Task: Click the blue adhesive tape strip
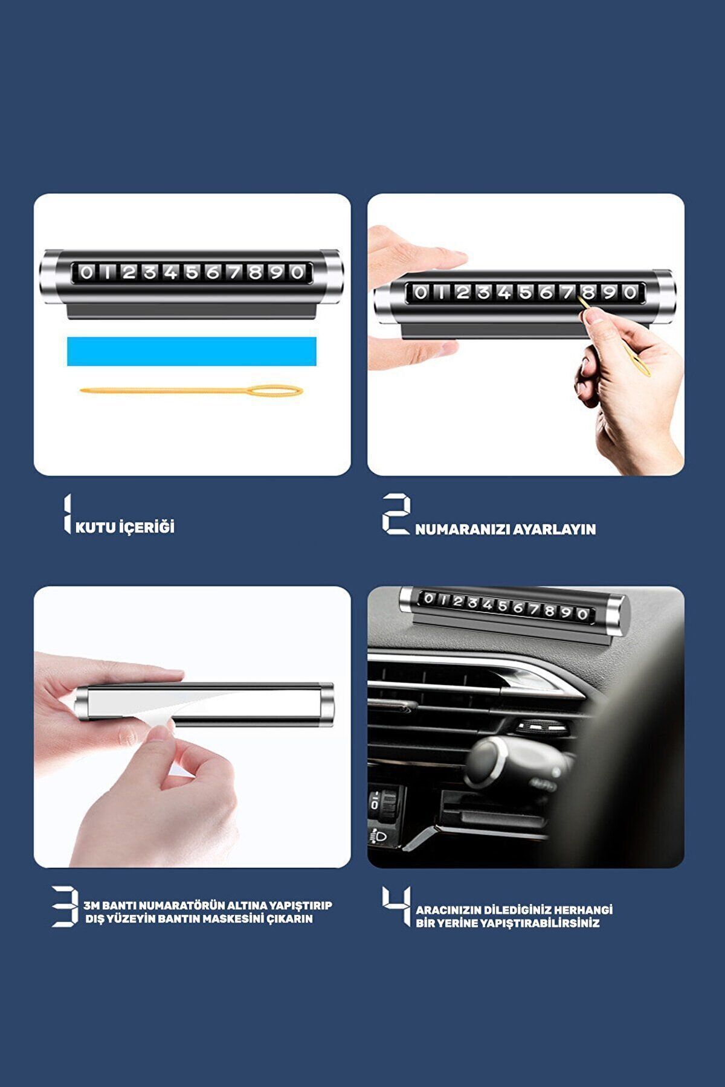tap(192, 351)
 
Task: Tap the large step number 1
tap(67, 514)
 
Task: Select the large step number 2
tap(396, 514)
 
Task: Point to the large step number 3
tap(65, 906)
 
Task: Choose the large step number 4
tap(396, 906)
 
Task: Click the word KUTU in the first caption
tap(95, 527)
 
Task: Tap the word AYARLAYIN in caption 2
tap(554, 530)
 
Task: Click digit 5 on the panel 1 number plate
tap(192, 272)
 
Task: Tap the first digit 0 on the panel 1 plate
tap(86, 272)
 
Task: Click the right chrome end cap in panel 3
tap(326, 705)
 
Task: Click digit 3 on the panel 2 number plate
tap(483, 293)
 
